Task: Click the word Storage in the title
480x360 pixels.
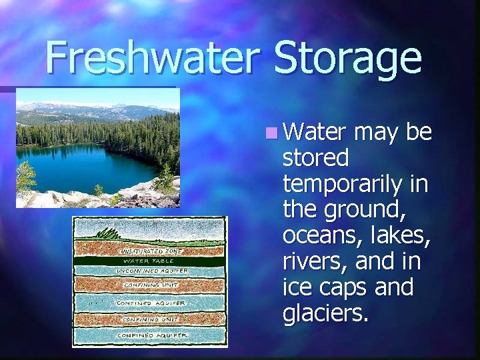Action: click(x=347, y=59)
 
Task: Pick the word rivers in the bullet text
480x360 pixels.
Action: click(x=312, y=261)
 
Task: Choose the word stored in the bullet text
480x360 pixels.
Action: click(x=315, y=158)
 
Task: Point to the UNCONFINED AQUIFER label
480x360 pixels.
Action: click(x=152, y=271)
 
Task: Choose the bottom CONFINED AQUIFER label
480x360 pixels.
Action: click(x=151, y=335)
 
